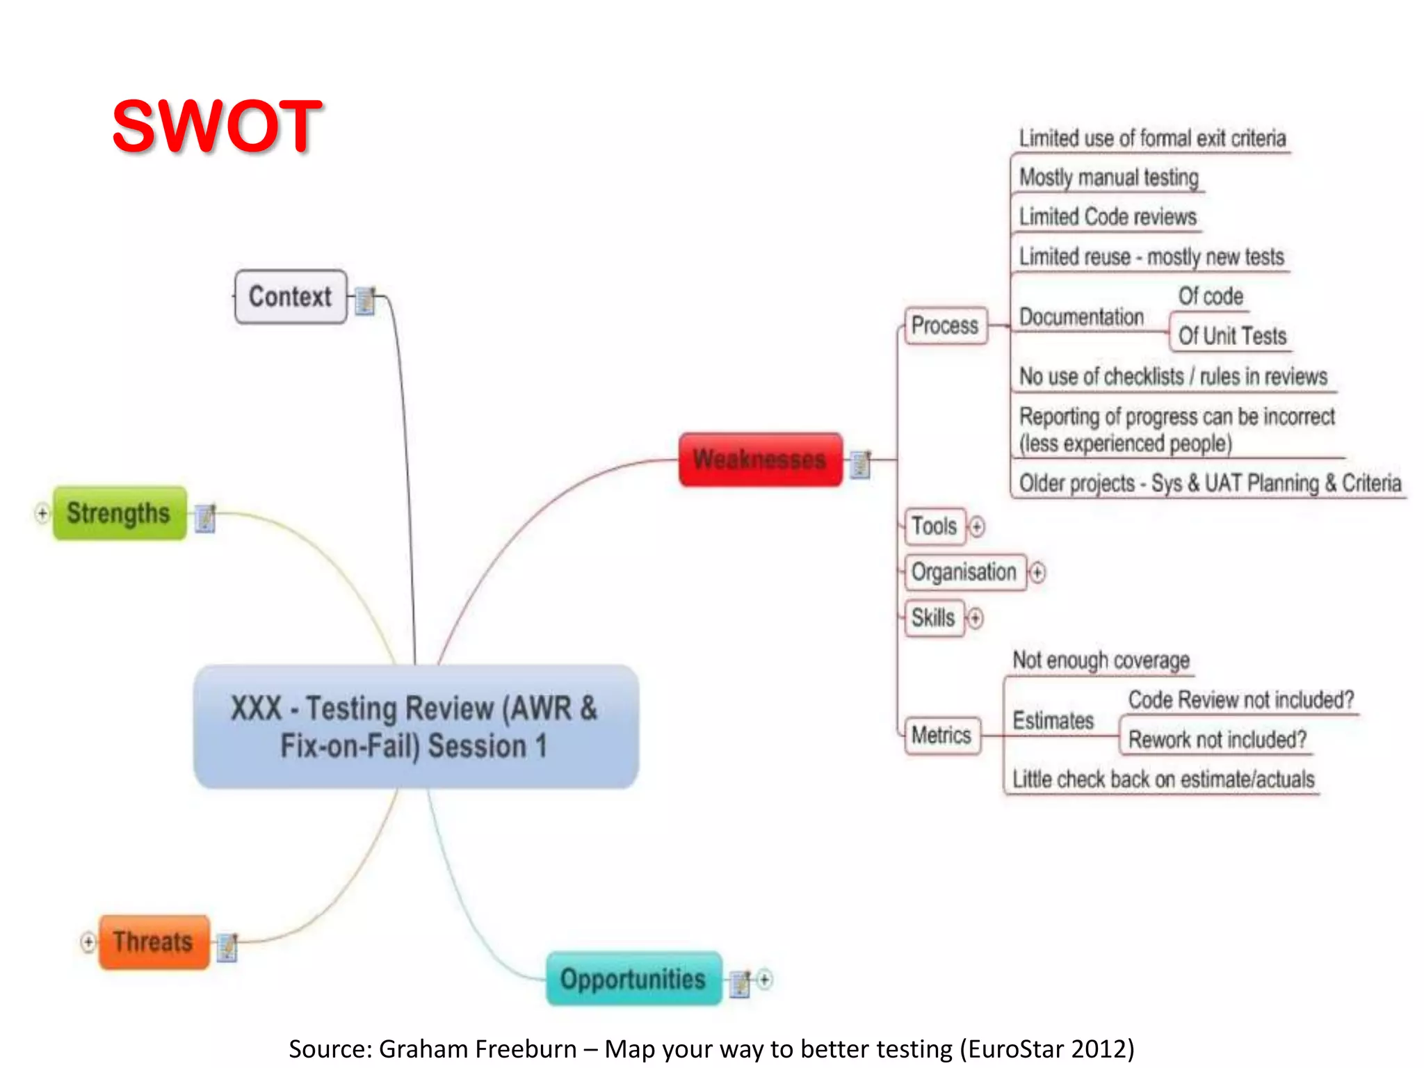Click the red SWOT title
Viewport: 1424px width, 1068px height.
pyautogui.click(x=217, y=126)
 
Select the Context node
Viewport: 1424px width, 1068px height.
pyautogui.click(x=290, y=297)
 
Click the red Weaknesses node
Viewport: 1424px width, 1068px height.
pyautogui.click(x=760, y=460)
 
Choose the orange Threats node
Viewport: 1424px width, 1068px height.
pyautogui.click(x=154, y=942)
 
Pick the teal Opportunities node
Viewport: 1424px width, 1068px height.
pyautogui.click(x=633, y=979)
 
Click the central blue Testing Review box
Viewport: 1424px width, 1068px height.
pyautogui.click(x=416, y=727)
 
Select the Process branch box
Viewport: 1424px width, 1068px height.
pyautogui.click(x=945, y=325)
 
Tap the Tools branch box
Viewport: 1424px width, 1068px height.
pyautogui.click(x=934, y=526)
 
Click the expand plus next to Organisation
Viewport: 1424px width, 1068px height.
pyautogui.click(x=1037, y=572)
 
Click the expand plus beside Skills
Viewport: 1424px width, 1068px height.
pyautogui.click(x=976, y=618)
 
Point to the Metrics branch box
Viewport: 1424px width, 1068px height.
pyautogui.click(x=941, y=735)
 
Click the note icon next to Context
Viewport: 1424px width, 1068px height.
pyautogui.click(x=365, y=300)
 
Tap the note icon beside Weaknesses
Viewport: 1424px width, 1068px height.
pyautogui.click(x=861, y=464)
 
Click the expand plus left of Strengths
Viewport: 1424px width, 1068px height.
pyautogui.click(x=42, y=514)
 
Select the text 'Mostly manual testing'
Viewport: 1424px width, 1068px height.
pyautogui.click(x=1109, y=178)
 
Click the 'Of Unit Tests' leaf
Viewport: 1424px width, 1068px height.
pyautogui.click(x=1232, y=337)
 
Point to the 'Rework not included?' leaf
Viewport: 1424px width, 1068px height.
pyautogui.click(x=1217, y=740)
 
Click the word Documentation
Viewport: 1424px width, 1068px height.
pyautogui.click(x=1081, y=318)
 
